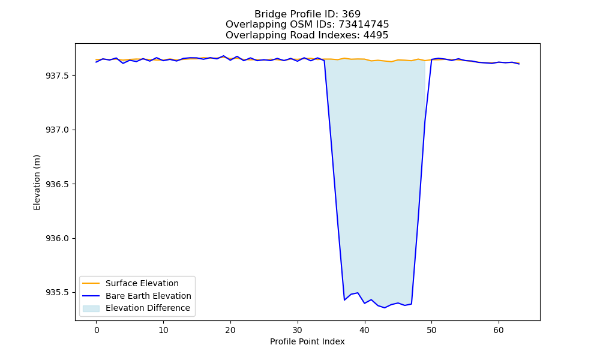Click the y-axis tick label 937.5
click(x=58, y=76)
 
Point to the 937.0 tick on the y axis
click(x=58, y=130)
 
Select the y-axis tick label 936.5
click(x=58, y=184)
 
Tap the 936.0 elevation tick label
click(x=58, y=238)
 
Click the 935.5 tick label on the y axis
click(x=58, y=293)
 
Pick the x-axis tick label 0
click(x=97, y=330)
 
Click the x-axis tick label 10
click(x=163, y=330)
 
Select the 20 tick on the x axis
click(x=230, y=330)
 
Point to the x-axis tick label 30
click(x=298, y=330)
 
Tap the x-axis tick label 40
click(x=365, y=330)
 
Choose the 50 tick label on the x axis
click(x=431, y=330)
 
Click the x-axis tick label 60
click(x=499, y=330)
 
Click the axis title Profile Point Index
click(x=307, y=341)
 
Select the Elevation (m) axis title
click(x=37, y=182)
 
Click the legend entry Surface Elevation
click(x=142, y=283)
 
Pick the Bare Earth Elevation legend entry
click(x=148, y=296)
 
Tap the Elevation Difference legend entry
click(x=148, y=308)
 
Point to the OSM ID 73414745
click(x=364, y=25)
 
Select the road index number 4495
click(x=376, y=35)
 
